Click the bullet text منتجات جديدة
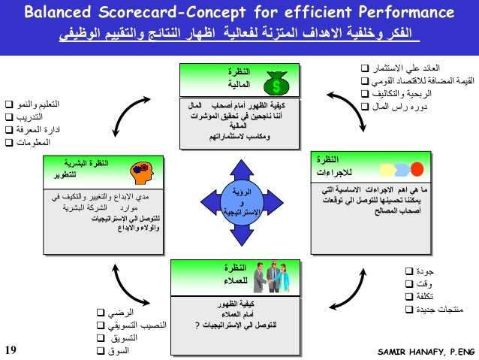tap(437, 310)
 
